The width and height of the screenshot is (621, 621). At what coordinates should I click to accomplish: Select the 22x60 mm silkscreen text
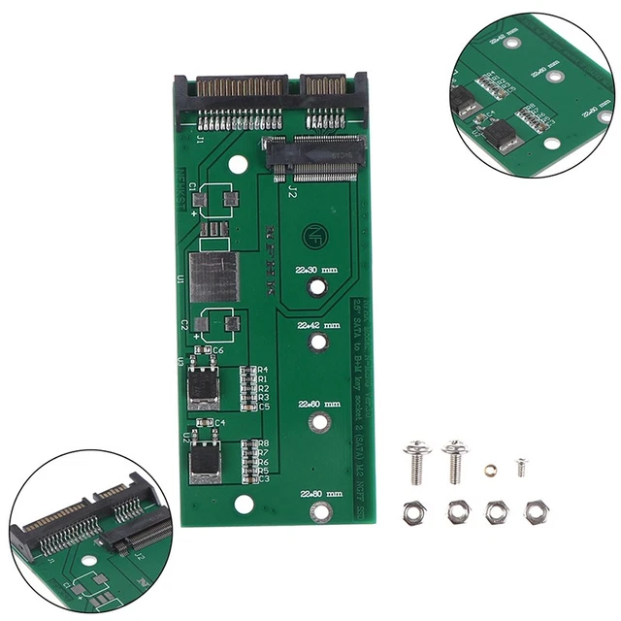317,402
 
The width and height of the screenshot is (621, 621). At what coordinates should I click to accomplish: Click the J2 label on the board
292,193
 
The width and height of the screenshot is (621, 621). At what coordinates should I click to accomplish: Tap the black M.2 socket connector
314,157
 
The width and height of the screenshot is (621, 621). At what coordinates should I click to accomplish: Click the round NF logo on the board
316,234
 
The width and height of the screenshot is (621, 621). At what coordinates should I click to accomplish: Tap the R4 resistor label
263,370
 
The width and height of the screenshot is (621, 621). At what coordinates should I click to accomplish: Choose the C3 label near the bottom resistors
263,478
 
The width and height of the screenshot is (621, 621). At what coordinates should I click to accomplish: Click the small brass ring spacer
490,469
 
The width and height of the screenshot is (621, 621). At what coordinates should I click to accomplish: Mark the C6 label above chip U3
218,350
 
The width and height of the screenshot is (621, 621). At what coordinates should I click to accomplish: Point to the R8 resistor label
263,443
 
